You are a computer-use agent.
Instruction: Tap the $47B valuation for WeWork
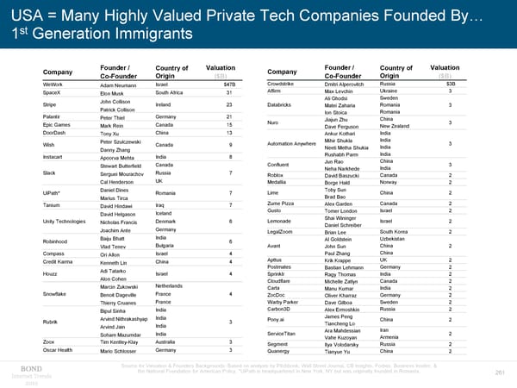[229, 84]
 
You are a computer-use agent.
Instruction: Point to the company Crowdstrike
[288, 83]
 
